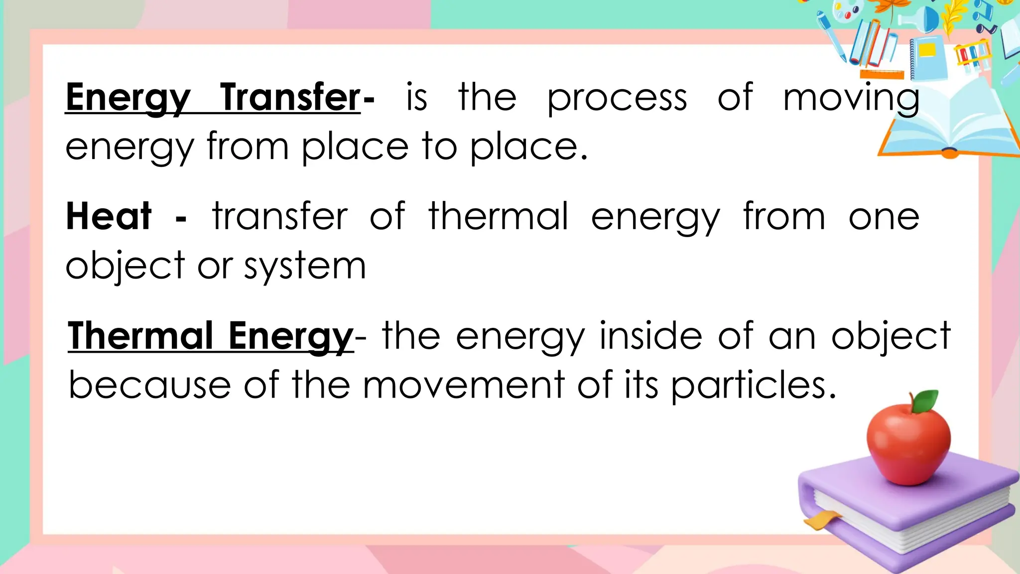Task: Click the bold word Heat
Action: (x=109, y=216)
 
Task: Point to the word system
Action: (x=305, y=267)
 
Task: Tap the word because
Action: (x=149, y=385)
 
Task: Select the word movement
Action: (x=463, y=385)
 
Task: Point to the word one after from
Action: (x=884, y=217)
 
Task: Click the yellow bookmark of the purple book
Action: (x=820, y=520)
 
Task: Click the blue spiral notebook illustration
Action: (x=929, y=57)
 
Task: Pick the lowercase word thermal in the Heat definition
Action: (x=498, y=216)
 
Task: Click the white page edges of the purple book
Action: (x=911, y=523)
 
